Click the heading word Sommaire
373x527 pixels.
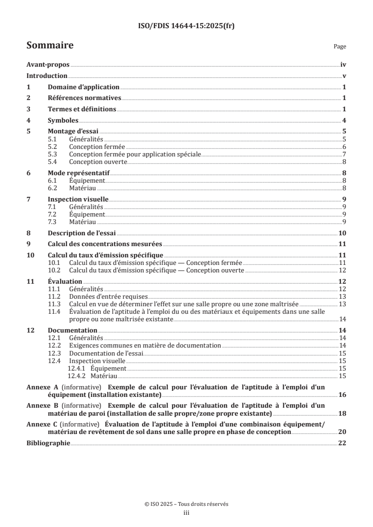coord(50,46)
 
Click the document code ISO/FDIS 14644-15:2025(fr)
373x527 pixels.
coord(186,26)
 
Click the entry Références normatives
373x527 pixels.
coord(85,98)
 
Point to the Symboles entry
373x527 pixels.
coord(63,120)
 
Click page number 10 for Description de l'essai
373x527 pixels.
coord(342,233)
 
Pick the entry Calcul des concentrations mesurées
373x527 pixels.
coord(105,244)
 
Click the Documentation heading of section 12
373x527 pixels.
coord(73,330)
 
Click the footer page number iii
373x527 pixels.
coord(186,513)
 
